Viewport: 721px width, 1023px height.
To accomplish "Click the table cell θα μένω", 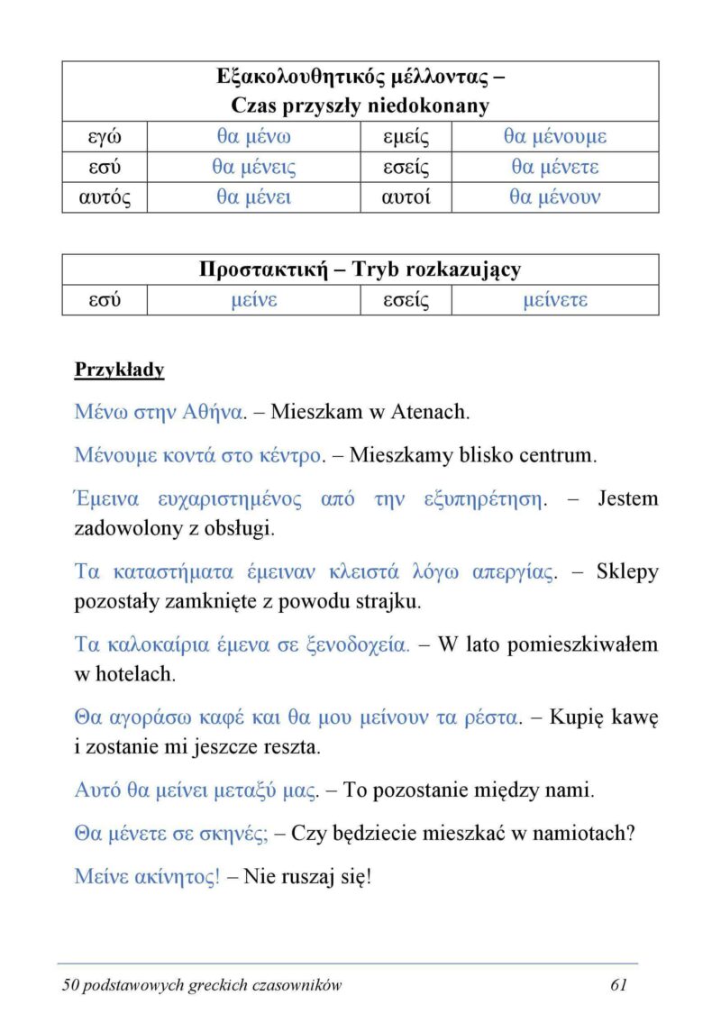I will (253, 137).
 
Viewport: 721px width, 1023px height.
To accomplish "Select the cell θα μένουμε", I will (554, 137).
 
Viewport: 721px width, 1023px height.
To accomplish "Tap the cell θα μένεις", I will (253, 168).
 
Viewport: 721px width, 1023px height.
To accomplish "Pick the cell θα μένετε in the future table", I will (554, 168).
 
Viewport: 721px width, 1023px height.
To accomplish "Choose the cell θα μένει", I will (253, 197).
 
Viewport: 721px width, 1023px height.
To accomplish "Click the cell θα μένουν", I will (554, 197).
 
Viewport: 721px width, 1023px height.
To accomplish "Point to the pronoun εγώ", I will (104, 137).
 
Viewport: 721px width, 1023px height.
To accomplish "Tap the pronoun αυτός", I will (104, 197).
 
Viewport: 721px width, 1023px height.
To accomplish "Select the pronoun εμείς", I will (406, 137).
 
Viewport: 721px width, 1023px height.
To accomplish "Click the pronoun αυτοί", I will (406, 197).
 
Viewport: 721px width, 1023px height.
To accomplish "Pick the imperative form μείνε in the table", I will (253, 300).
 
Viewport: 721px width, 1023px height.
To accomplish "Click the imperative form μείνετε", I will (554, 300).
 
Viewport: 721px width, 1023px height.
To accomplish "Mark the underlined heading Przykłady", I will (119, 370).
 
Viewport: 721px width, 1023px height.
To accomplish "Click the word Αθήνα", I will (214, 413).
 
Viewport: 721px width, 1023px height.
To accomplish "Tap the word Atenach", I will (429, 413).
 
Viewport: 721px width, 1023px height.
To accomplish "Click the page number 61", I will (618, 985).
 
